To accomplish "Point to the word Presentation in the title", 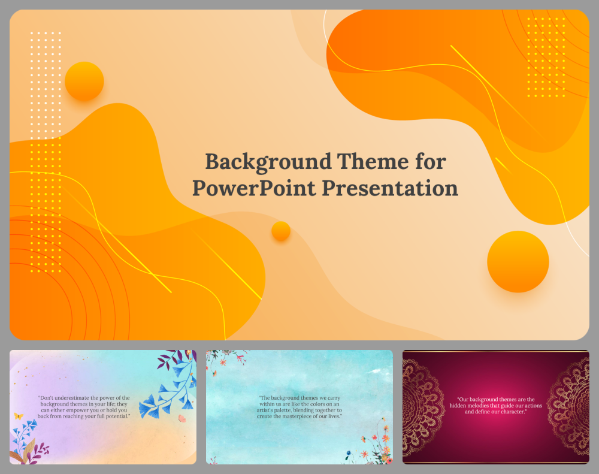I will tap(390, 188).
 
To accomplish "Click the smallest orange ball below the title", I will tap(281, 231).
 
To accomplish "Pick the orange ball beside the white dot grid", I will tap(84, 81).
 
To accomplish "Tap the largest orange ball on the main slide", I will tap(518, 261).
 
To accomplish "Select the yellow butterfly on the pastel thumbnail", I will tap(19, 415).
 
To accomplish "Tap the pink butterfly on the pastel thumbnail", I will tap(182, 418).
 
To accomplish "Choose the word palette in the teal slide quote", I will tap(317, 410).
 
